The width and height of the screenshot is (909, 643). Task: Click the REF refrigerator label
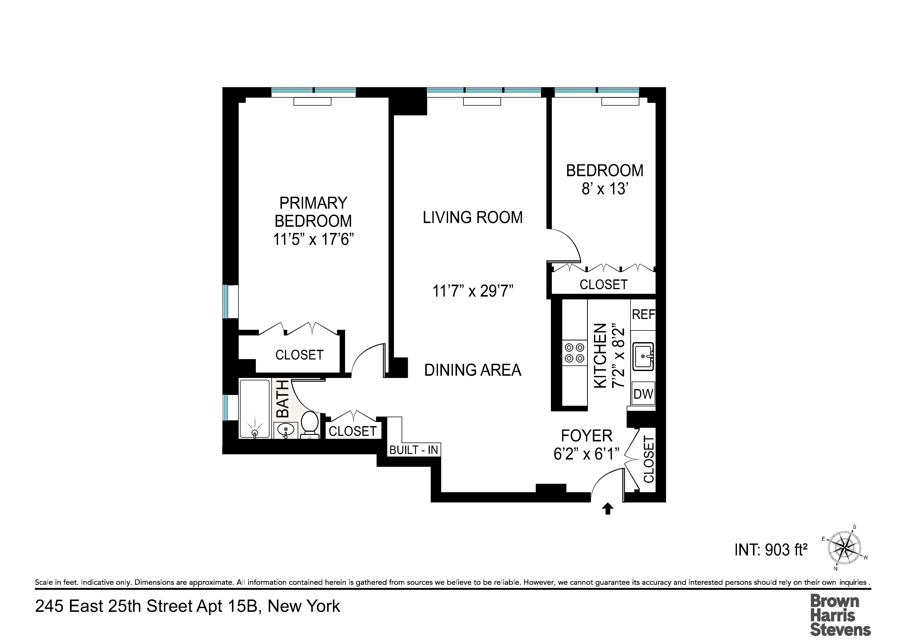tap(643, 315)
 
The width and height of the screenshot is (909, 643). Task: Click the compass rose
tap(845, 548)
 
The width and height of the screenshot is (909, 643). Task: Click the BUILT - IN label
tap(414, 450)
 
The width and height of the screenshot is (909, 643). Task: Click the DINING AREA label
tap(473, 370)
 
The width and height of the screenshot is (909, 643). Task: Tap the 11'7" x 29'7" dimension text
tap(473, 291)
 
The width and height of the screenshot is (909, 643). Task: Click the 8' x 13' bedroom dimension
tap(605, 189)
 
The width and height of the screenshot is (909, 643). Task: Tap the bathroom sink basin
tap(286, 430)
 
